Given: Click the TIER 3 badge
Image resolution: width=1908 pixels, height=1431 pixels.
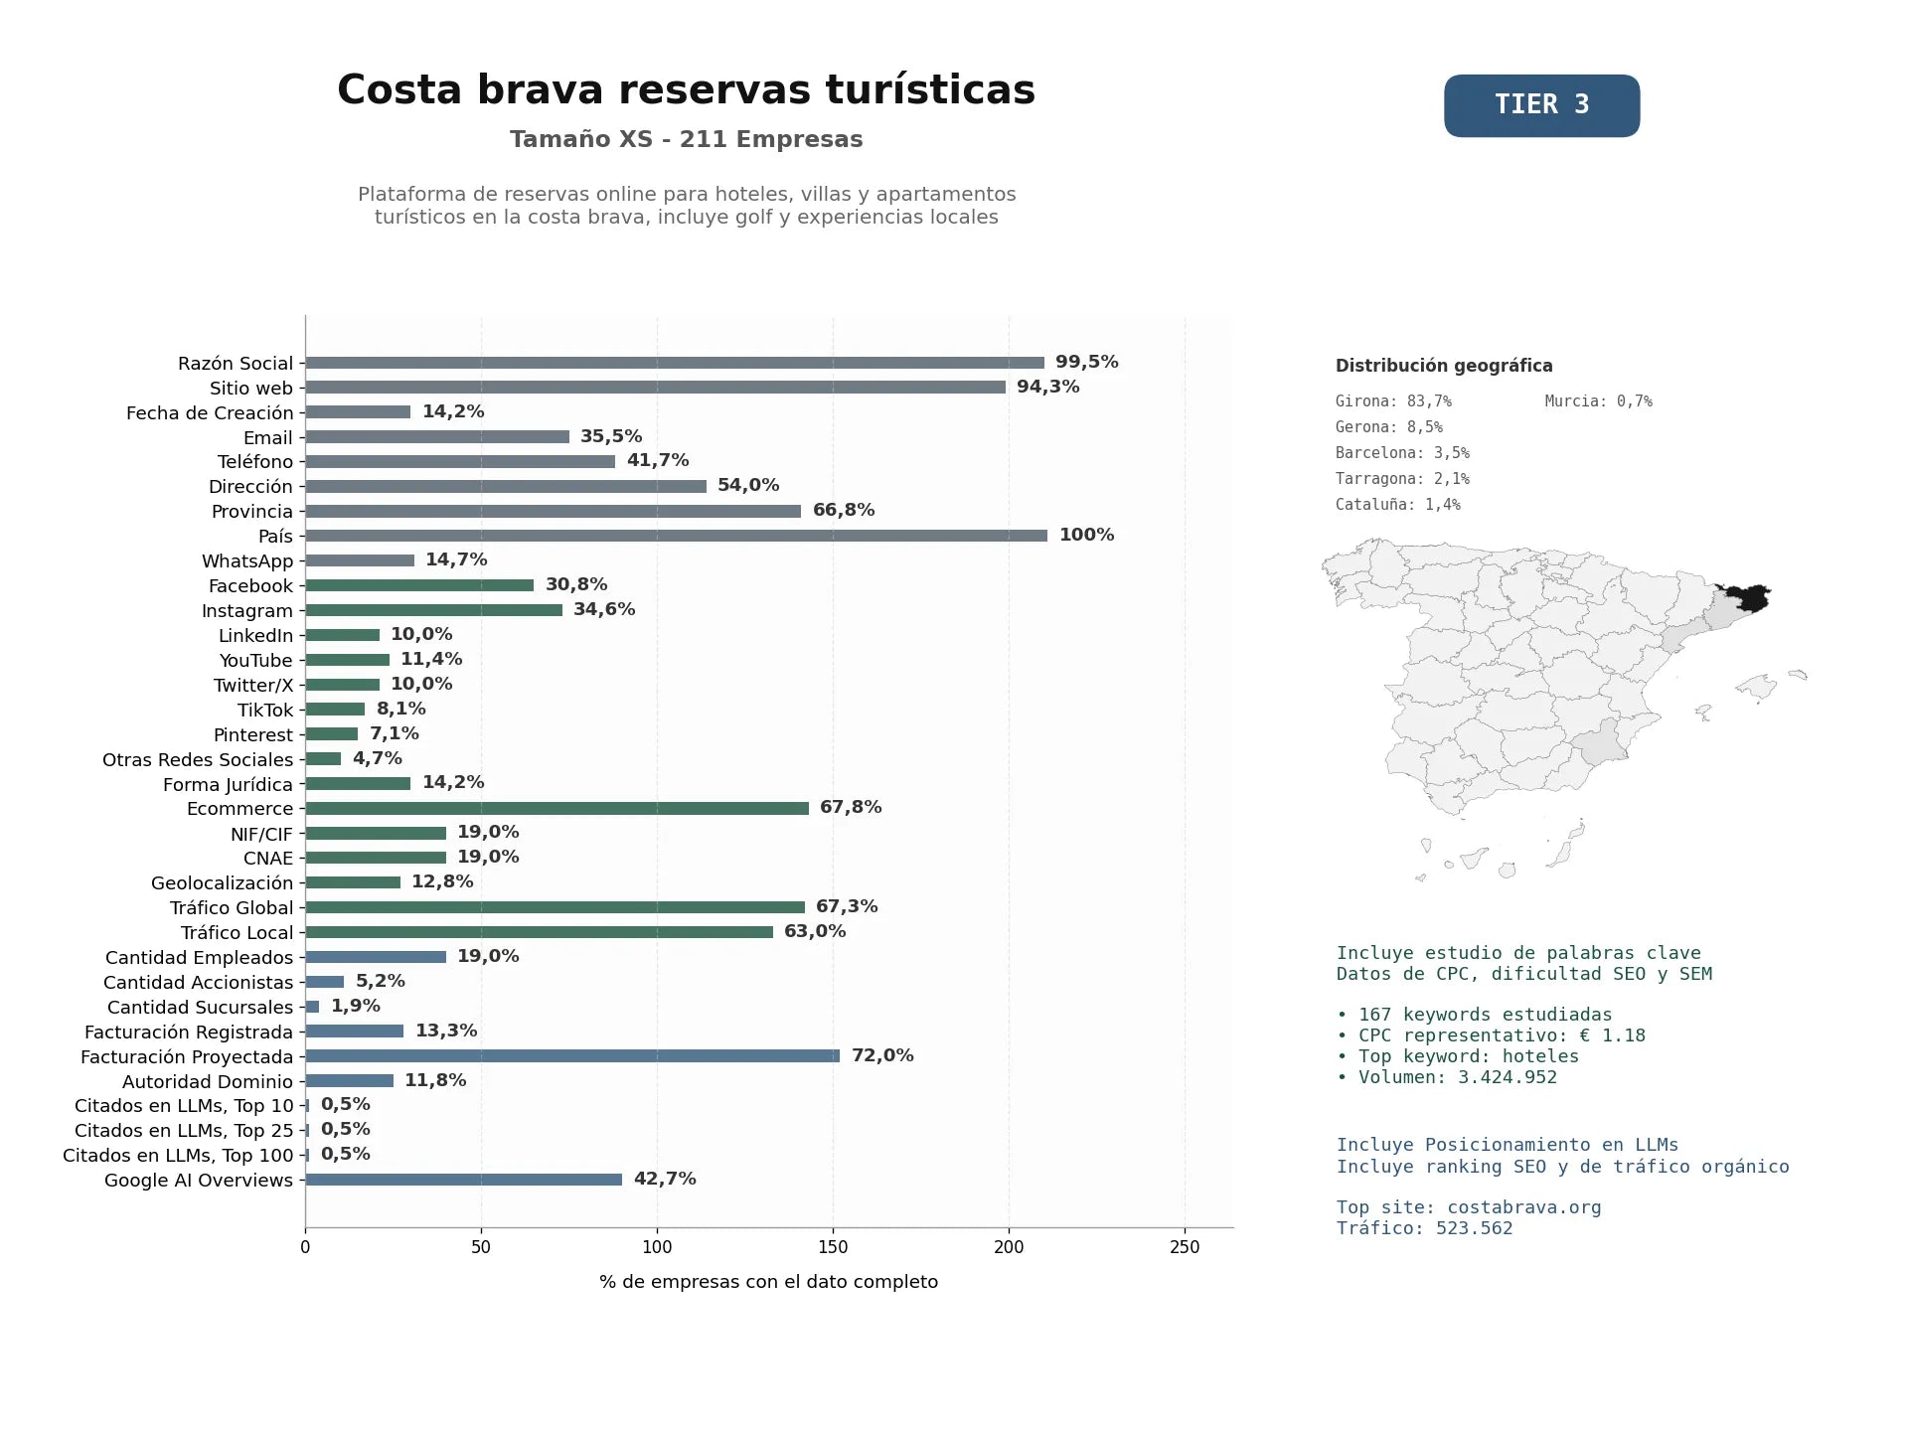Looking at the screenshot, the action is tap(1541, 105).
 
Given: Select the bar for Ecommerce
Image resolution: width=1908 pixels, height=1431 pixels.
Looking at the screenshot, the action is tap(556, 808).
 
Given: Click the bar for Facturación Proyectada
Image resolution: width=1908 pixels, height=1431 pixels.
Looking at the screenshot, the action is tap(572, 1055).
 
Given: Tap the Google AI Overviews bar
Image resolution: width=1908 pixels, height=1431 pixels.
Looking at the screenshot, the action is tap(463, 1180).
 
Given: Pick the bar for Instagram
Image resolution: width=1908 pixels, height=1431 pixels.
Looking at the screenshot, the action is tap(433, 610).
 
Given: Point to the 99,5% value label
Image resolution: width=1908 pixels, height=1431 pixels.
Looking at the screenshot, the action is tap(1087, 362).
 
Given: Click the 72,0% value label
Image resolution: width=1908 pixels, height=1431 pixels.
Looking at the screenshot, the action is tap(882, 1055).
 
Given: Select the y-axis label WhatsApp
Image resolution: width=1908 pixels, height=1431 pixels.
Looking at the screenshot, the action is tap(247, 561).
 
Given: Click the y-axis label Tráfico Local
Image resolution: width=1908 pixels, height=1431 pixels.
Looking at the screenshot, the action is tap(238, 933).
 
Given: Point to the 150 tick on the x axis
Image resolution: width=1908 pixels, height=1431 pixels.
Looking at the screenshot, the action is tap(833, 1247).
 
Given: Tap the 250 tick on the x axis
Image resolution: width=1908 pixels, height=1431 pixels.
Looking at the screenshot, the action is tap(1185, 1247).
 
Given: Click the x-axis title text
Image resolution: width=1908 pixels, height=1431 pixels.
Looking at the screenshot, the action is tap(768, 1282).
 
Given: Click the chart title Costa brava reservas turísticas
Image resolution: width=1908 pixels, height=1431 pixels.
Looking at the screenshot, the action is tap(686, 89).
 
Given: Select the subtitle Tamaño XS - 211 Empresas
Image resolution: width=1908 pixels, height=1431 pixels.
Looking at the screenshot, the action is tap(686, 139).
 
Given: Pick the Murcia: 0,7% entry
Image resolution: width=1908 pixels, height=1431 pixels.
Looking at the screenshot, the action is tap(1598, 401).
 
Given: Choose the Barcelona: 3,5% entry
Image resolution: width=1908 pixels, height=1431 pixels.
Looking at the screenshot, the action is tap(1402, 453).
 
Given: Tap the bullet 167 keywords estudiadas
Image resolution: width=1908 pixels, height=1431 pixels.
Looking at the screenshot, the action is tap(1475, 1015).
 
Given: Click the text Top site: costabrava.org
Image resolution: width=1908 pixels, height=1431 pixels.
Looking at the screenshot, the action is tap(1469, 1207).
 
